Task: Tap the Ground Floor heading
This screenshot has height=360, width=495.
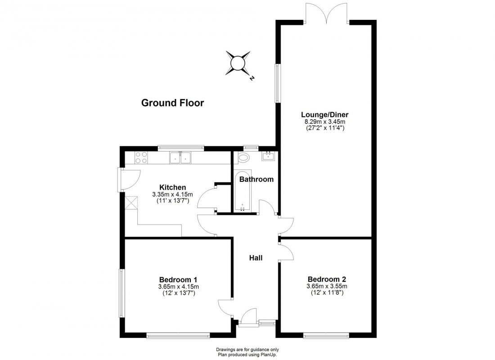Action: pos(172,103)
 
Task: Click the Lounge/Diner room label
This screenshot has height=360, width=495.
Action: pos(325,114)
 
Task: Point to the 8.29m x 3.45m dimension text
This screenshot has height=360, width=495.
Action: pos(325,121)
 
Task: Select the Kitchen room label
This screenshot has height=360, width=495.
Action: pos(172,187)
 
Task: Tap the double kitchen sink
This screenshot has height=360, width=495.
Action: pos(180,157)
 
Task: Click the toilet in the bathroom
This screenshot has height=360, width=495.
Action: pos(243,157)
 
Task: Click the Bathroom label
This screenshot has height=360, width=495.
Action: pos(256,179)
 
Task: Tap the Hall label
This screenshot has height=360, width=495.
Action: pos(256,258)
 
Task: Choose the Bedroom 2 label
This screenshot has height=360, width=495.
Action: pos(326,279)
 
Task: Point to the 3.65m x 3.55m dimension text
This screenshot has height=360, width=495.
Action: pos(326,286)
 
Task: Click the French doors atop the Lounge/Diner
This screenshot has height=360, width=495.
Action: pos(327,12)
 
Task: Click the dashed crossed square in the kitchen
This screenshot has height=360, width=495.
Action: pos(131,203)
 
